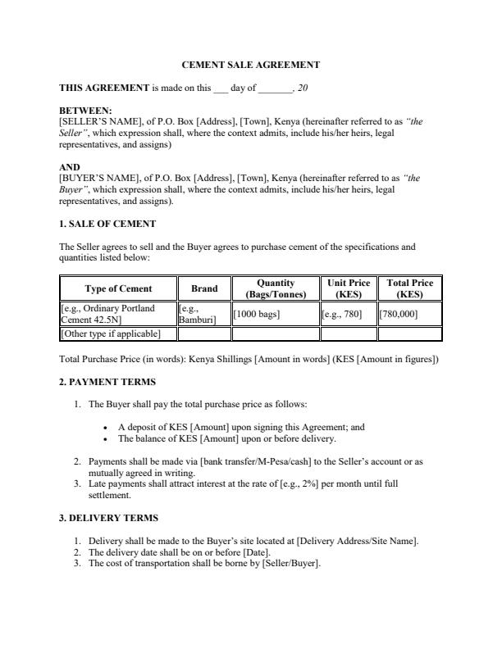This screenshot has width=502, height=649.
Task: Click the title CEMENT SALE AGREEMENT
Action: pyautogui.click(x=250, y=65)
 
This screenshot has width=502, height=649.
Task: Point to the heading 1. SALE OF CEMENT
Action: pyautogui.click(x=107, y=224)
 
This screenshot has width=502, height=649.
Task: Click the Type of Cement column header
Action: pyautogui.click(x=118, y=288)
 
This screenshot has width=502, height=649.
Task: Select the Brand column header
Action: pyautogui.click(x=204, y=288)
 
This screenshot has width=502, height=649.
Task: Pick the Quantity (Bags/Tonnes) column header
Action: pyautogui.click(x=276, y=288)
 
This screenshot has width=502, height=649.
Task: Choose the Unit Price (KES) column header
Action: pyautogui.click(x=349, y=288)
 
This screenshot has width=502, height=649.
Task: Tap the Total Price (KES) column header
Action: pyautogui.click(x=409, y=288)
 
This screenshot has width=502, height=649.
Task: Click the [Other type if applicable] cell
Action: pyautogui.click(x=111, y=334)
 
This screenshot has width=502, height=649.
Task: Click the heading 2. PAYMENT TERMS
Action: pyautogui.click(x=107, y=382)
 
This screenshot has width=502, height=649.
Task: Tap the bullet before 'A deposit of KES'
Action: pyautogui.click(x=107, y=427)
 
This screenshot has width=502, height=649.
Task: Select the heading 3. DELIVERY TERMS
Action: pyautogui.click(x=108, y=518)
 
